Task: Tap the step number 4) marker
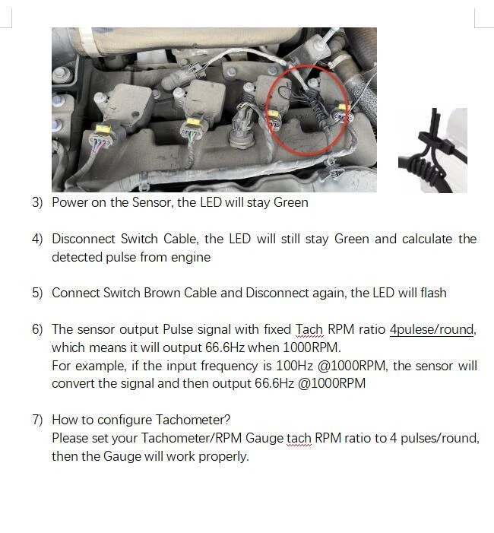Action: (x=37, y=239)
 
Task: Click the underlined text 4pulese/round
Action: (x=432, y=329)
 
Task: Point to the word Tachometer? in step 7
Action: (x=193, y=420)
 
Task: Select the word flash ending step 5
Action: (x=433, y=293)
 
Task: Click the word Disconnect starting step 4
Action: (x=84, y=239)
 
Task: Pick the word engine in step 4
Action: (x=191, y=257)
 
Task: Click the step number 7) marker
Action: (x=37, y=420)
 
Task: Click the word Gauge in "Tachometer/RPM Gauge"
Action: (x=264, y=438)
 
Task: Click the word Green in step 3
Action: (x=291, y=202)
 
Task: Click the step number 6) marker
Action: (x=37, y=329)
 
